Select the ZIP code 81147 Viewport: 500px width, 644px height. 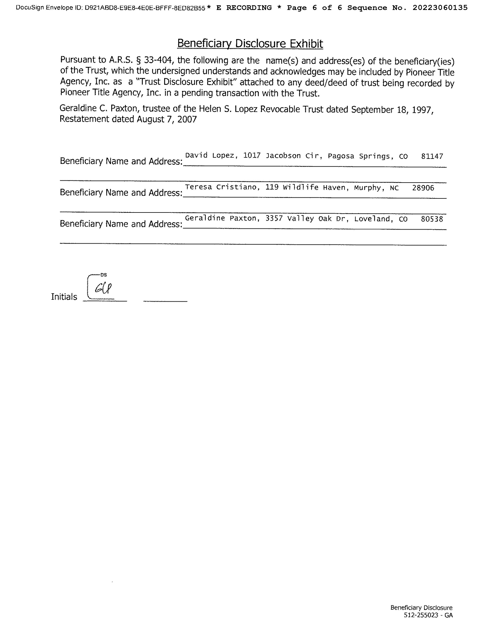pos(432,156)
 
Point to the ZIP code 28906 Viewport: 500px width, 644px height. pos(423,188)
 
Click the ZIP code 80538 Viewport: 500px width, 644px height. pos(432,219)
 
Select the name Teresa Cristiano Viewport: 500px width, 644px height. pos(221,187)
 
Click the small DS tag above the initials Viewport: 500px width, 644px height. pos(104,275)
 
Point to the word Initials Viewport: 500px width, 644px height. pos(64,297)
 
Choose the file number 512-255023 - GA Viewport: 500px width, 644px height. pos(428,615)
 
